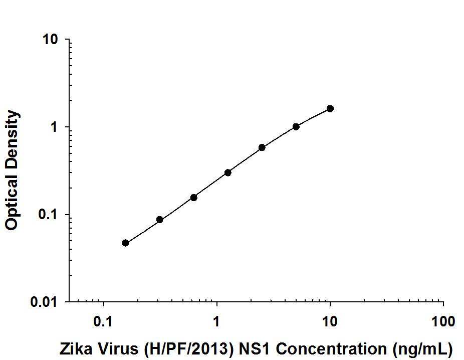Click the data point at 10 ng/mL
click(330, 109)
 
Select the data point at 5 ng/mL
click(296, 127)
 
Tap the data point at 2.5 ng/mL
click(262, 147)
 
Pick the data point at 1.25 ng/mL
click(228, 172)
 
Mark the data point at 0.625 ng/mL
click(194, 198)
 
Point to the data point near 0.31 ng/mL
click(160, 220)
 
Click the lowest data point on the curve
click(125, 243)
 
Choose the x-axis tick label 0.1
click(103, 321)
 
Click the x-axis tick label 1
click(217, 321)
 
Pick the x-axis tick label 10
click(330, 321)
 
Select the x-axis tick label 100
click(443, 321)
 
